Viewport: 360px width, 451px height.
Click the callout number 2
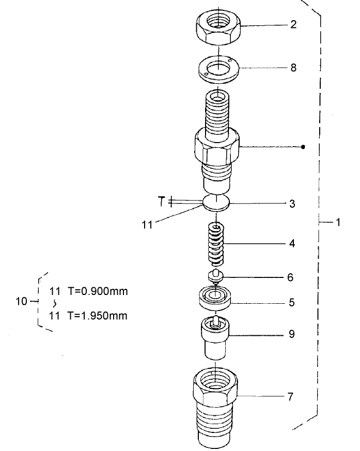click(293, 25)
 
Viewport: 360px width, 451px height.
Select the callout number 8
click(293, 68)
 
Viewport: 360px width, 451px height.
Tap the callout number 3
click(292, 204)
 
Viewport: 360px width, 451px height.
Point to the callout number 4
click(292, 243)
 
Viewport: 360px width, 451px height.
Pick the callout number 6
click(291, 277)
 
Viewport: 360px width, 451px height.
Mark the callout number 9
click(292, 334)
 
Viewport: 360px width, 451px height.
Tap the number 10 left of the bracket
click(22, 301)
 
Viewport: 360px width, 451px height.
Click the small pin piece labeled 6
click(216, 276)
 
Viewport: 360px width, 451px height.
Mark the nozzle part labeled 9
click(216, 338)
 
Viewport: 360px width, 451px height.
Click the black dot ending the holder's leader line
click(303, 147)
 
